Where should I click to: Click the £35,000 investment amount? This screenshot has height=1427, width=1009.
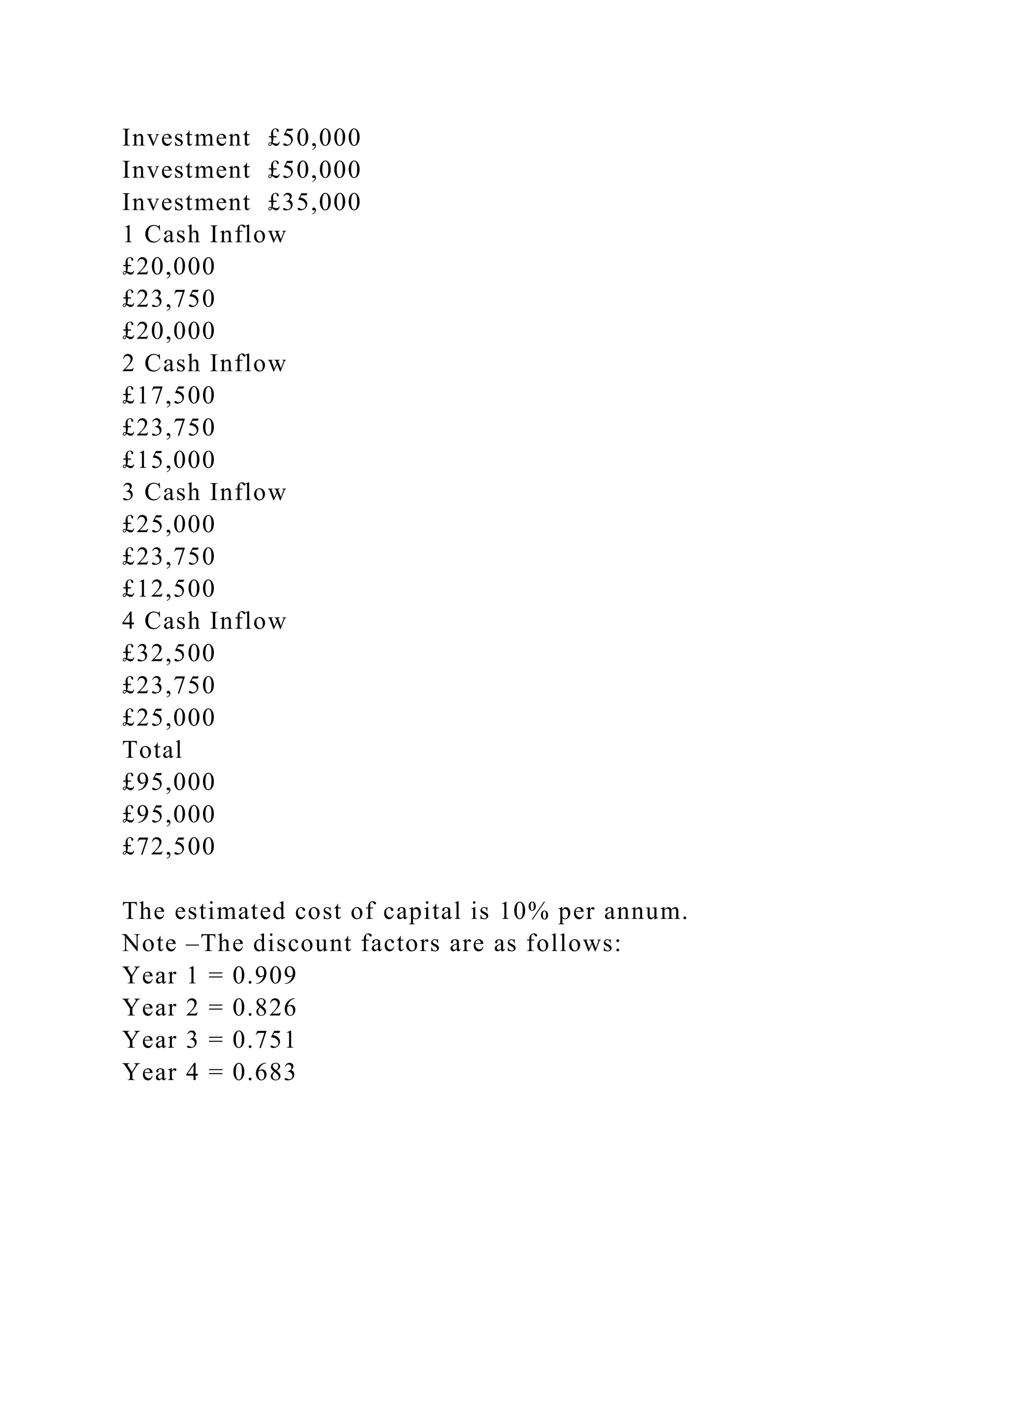tap(314, 203)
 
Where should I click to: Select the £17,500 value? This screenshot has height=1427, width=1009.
tap(169, 396)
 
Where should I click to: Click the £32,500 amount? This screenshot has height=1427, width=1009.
tap(169, 654)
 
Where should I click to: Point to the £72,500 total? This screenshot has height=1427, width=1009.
tap(169, 847)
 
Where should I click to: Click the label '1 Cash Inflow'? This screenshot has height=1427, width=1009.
tap(204, 235)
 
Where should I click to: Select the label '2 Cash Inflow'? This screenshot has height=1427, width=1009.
tap(204, 364)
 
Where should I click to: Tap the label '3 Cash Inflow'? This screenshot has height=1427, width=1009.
tap(204, 493)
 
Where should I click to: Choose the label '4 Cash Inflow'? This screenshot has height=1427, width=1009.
tap(204, 621)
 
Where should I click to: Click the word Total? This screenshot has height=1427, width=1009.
tap(152, 750)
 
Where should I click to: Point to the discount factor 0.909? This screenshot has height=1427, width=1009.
tap(265, 976)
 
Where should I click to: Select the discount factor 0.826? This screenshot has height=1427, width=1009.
tap(265, 1008)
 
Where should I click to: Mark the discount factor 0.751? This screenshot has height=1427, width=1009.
tap(265, 1040)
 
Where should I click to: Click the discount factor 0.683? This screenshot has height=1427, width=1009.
tap(265, 1073)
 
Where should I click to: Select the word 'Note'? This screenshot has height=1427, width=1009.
tap(150, 944)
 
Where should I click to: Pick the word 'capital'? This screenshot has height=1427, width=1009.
tap(422, 912)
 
